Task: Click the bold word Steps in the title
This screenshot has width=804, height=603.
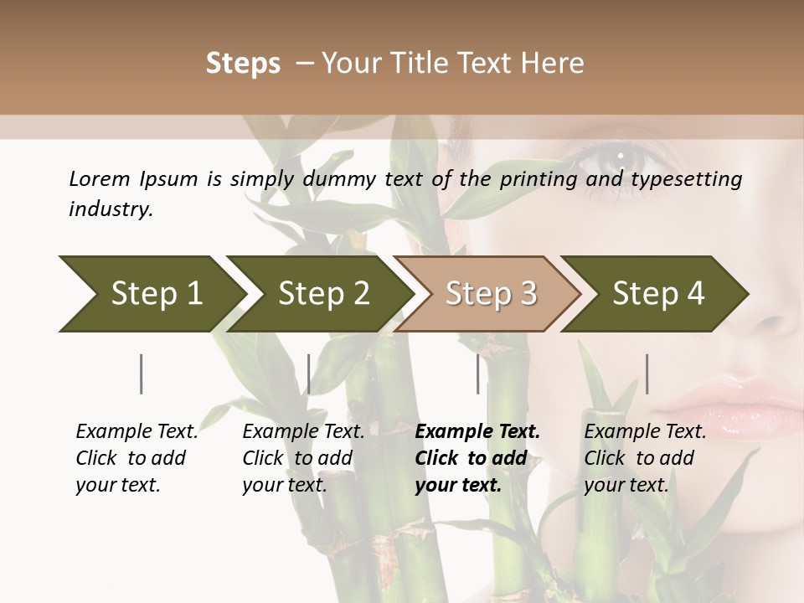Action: tap(243, 64)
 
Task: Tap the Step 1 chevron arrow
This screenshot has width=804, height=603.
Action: tap(151, 293)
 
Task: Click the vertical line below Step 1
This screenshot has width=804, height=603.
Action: tap(142, 374)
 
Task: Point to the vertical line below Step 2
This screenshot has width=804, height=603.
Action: tap(309, 374)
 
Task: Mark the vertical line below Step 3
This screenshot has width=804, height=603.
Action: tap(478, 374)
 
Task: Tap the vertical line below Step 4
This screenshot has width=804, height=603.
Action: tap(647, 374)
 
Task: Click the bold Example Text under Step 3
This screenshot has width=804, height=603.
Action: tap(477, 431)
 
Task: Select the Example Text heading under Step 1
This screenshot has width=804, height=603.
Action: tap(137, 431)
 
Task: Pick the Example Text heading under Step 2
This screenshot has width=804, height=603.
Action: tap(303, 431)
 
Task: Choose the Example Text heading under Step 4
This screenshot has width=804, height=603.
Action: tap(645, 431)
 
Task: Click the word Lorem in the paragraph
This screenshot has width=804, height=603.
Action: tap(100, 178)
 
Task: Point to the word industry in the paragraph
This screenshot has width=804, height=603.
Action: tap(111, 209)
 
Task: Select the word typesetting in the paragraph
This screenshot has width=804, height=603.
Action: tap(693, 179)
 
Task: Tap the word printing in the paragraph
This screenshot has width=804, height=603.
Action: tap(535, 179)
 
